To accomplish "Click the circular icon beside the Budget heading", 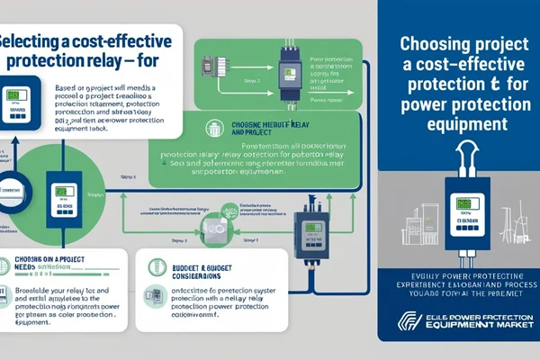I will pyautogui.click(x=154, y=267).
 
